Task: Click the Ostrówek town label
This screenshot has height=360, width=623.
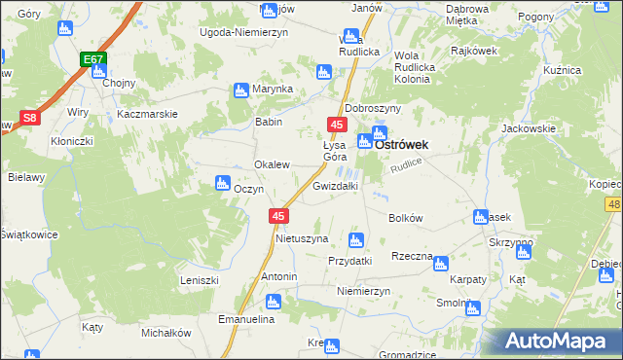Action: click(x=403, y=142)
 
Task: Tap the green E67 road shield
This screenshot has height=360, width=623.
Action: click(x=93, y=60)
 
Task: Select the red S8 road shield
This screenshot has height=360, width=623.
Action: click(x=30, y=119)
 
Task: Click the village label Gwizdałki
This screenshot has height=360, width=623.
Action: click(x=336, y=185)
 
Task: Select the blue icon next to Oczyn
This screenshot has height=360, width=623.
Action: click(x=221, y=182)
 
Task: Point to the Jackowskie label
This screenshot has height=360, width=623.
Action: click(x=528, y=128)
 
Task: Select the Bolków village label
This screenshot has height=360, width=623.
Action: click(x=405, y=219)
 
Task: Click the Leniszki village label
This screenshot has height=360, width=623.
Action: click(x=199, y=279)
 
